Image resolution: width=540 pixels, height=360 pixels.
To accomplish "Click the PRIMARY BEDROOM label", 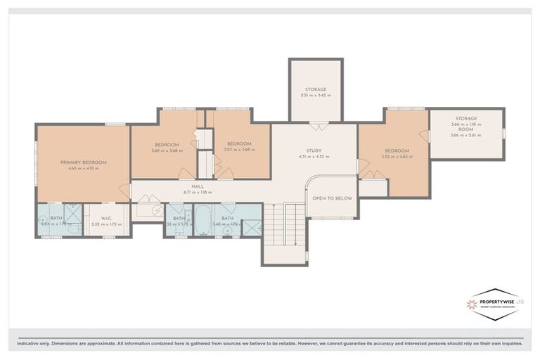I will tap(83, 162).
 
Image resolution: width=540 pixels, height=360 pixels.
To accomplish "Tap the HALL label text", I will tap(188, 186).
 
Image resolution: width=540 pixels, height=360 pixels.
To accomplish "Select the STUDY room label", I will tap(314, 150).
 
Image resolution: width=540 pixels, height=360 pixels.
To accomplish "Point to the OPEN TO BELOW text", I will tap(332, 198).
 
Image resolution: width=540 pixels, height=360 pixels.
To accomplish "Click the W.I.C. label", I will tap(106, 218).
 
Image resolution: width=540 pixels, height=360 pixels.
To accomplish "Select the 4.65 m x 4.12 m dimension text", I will tap(83, 169).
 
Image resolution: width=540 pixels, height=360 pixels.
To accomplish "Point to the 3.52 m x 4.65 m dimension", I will tap(397, 156).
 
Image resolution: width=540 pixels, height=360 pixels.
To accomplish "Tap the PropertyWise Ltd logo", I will tap(495, 304).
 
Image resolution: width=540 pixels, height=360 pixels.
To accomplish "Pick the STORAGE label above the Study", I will tap(315, 89).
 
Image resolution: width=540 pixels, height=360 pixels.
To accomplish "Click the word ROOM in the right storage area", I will tap(465, 129).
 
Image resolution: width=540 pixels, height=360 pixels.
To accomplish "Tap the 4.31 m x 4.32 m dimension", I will tap(314, 156).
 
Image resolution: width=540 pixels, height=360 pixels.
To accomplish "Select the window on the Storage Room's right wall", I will tap(504, 133).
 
